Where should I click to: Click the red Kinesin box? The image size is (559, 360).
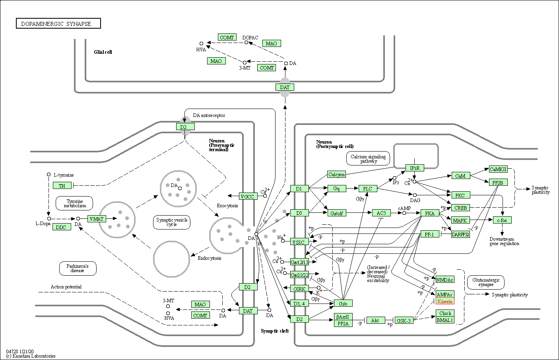pos(445,301)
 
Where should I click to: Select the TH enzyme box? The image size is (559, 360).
pos(62,185)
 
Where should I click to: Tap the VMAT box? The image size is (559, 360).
pos(97,219)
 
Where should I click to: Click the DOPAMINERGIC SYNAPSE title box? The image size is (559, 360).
pos(58,23)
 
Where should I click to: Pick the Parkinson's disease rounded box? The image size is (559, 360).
pos(78,269)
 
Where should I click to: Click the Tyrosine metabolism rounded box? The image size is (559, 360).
pos(74,203)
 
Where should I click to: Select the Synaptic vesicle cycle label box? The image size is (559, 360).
pos(172,222)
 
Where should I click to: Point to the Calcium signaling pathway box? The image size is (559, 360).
pos(368,158)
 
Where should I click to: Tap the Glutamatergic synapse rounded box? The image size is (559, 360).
pos(485,282)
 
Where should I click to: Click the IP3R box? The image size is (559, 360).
pos(415,168)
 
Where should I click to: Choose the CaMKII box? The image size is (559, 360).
pos(498,169)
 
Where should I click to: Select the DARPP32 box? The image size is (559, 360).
pos(461,234)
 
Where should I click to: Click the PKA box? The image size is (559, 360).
pos(430,213)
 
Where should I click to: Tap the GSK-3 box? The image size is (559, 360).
pos(404,320)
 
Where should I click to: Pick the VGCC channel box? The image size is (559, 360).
pos(247,196)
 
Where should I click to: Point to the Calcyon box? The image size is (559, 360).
pos(336,174)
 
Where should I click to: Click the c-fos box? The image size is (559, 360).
pos(502,220)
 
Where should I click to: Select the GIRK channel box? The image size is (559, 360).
pos(299,289)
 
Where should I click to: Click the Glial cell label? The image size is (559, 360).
pos(103,52)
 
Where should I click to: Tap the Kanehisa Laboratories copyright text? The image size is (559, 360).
pos(31,356)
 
